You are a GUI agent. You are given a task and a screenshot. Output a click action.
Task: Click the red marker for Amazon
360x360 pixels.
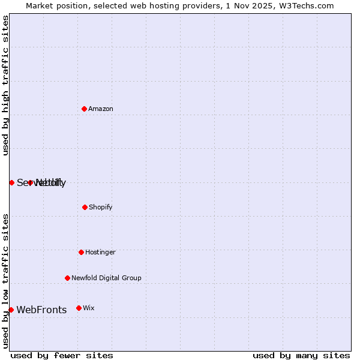[84, 109]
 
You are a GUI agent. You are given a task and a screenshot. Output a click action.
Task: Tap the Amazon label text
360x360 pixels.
[101, 109]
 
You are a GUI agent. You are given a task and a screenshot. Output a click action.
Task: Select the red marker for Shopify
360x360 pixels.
[85, 207]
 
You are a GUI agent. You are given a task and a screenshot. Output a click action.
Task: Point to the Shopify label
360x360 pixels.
[101, 208]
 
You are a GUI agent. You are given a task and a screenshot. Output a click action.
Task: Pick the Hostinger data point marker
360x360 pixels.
[81, 252]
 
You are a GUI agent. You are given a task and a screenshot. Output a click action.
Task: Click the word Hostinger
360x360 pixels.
[100, 253]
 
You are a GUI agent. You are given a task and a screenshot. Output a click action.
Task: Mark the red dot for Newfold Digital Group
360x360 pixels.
[67, 278]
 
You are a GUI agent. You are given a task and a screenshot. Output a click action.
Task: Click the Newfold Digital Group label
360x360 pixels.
[106, 278]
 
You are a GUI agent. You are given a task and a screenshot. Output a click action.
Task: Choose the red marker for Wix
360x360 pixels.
[79, 308]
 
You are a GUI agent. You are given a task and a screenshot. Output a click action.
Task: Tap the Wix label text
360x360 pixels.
[89, 308]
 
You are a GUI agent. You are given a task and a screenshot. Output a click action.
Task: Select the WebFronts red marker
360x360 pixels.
[11, 310]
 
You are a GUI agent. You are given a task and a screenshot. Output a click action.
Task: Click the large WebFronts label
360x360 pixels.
[41, 310]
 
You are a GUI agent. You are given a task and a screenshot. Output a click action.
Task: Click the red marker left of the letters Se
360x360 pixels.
[11, 182]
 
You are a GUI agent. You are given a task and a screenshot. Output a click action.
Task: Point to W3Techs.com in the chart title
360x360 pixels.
[308, 5]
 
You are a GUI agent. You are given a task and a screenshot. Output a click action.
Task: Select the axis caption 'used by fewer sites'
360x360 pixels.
[62, 355]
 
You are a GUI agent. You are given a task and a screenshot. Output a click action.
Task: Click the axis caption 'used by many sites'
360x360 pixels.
[301, 355]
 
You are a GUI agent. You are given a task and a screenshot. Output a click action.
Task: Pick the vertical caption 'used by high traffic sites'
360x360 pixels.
[6, 85]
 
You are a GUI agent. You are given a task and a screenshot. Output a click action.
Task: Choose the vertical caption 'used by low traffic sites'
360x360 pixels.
[6, 281]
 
